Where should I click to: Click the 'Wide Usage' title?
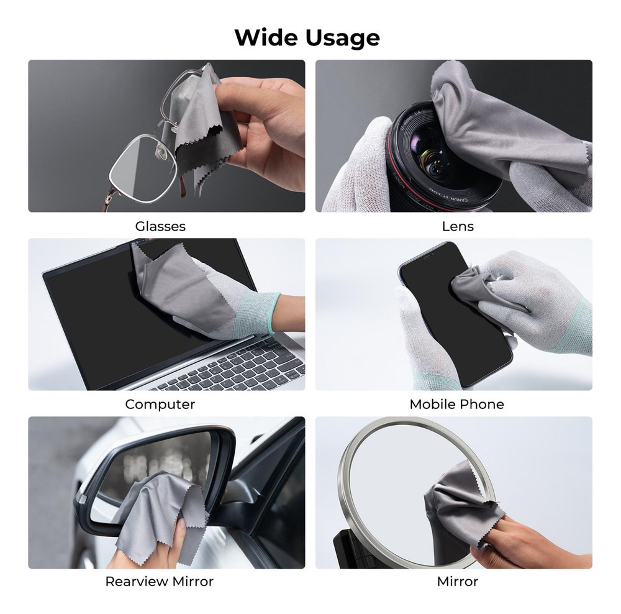click(x=307, y=38)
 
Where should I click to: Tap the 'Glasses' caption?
click(x=160, y=226)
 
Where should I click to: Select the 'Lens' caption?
click(x=458, y=226)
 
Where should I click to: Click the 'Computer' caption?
click(x=160, y=405)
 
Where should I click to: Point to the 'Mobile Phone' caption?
click(x=456, y=405)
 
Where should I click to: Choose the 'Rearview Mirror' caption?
click(x=159, y=582)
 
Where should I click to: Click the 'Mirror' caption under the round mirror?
click(x=458, y=582)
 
